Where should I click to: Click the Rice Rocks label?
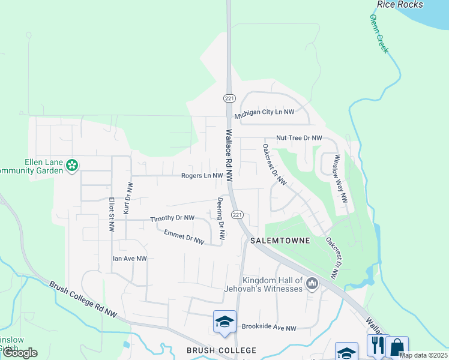400,5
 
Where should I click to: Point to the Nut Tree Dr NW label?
299,138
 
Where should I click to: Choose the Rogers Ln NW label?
202,176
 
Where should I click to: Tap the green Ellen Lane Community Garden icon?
72,165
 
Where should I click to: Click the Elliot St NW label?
112,214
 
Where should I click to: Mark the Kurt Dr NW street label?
127,199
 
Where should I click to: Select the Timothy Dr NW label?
172,218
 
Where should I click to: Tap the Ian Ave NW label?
130,259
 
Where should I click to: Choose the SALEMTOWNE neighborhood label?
282,241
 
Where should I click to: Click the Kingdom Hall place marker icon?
312,283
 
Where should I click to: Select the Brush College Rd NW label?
83,299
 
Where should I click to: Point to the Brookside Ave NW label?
269,328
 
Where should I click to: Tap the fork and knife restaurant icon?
378,346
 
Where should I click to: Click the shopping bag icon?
397,346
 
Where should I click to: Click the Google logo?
20,353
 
